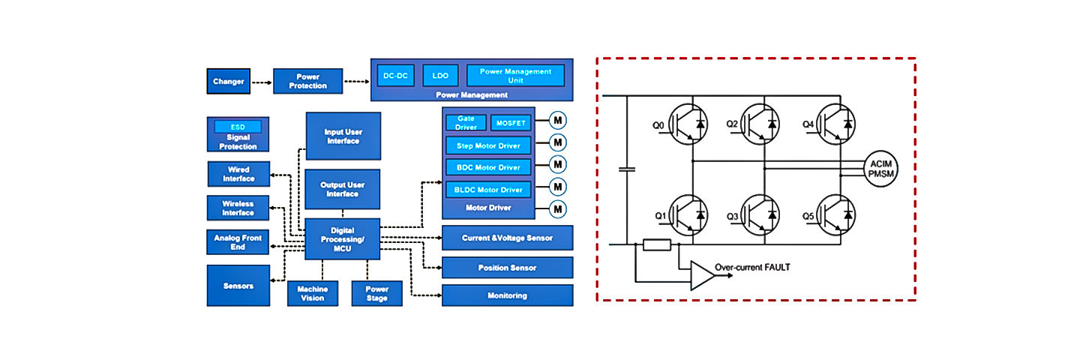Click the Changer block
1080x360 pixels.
[x=228, y=81]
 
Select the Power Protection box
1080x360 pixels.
[x=307, y=81]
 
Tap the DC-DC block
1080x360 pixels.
[x=395, y=76]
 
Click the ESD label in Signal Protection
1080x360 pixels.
[x=238, y=127]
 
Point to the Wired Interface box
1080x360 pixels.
[x=238, y=174]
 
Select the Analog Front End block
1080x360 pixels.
[x=238, y=242]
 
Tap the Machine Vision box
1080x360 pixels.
[x=312, y=293]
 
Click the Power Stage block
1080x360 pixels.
[x=376, y=293]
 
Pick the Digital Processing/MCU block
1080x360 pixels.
[x=342, y=239]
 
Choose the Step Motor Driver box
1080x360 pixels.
[x=488, y=145]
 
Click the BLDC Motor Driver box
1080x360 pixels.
[x=488, y=190]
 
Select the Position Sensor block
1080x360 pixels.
[x=507, y=268]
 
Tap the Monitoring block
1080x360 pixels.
[x=507, y=295]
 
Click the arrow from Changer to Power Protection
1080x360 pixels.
[x=261, y=81]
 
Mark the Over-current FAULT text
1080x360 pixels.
[x=752, y=267]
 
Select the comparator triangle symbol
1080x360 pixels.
[x=702, y=275]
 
